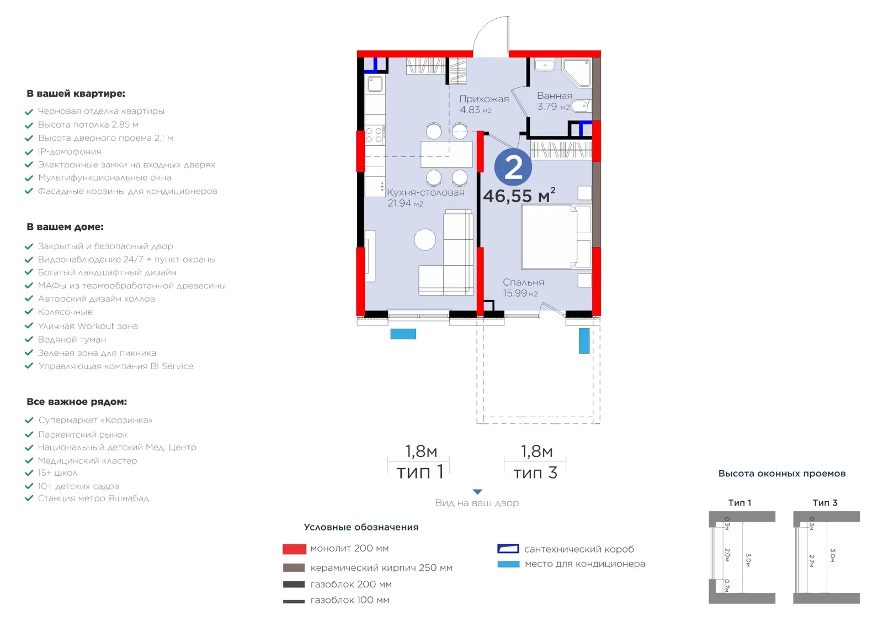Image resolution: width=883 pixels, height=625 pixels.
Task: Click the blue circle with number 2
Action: [x=513, y=167]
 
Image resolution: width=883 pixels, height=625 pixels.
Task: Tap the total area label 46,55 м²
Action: [x=519, y=196]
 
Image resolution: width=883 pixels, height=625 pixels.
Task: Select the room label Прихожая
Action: [x=484, y=99]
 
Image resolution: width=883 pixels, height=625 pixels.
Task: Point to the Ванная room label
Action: [x=555, y=96]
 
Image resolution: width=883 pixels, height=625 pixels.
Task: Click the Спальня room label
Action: [x=524, y=282]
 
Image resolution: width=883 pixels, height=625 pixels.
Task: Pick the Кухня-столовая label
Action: [x=425, y=192]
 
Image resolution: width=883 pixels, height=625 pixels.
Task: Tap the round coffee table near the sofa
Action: [x=425, y=240]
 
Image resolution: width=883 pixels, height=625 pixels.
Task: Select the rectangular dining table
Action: [x=446, y=154]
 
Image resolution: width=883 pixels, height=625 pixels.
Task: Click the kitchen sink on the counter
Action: [x=375, y=84]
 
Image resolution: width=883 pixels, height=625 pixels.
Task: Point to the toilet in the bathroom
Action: [x=581, y=106]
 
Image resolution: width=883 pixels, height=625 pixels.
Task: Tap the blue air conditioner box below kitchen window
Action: [x=403, y=334]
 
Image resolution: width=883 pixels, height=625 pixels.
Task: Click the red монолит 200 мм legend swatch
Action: [x=294, y=549]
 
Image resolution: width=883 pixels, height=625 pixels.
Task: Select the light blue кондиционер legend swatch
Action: [x=508, y=564]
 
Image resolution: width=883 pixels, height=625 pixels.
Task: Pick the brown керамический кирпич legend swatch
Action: [x=294, y=568]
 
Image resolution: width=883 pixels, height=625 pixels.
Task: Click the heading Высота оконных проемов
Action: [x=781, y=474]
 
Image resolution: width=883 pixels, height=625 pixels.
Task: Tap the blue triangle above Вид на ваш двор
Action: [x=477, y=492]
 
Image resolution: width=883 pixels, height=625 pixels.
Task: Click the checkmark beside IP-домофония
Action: [x=29, y=152]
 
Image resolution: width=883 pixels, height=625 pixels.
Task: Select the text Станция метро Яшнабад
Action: [x=93, y=498]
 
